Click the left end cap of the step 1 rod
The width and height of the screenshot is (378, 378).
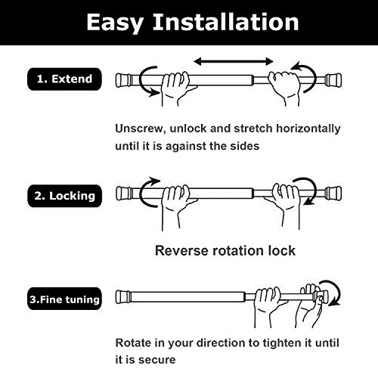tap(125, 79)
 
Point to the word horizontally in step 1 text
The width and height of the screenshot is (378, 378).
tap(302, 129)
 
